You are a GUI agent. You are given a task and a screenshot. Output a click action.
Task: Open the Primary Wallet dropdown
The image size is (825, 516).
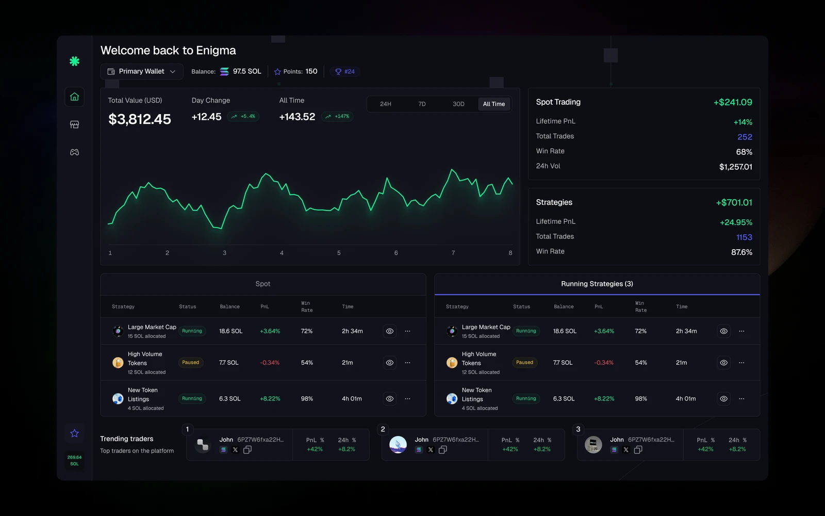click(x=141, y=72)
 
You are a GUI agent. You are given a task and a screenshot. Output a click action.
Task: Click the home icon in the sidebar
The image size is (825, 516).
click(x=74, y=96)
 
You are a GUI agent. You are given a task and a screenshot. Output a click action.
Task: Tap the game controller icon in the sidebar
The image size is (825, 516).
click(x=74, y=152)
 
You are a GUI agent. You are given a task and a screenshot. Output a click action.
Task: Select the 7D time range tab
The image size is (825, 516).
click(x=422, y=104)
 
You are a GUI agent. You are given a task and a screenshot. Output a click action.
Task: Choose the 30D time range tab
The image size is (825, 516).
click(x=458, y=104)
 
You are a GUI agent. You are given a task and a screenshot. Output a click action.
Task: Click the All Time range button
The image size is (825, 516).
click(x=493, y=104)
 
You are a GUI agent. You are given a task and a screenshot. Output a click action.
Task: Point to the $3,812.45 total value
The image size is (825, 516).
click(x=140, y=119)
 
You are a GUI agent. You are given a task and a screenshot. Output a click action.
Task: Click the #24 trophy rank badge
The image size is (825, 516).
click(x=345, y=72)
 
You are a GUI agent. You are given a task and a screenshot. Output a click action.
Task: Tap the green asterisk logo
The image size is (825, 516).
click(x=74, y=61)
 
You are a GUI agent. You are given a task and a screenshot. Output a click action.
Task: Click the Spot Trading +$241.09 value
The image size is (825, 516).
click(x=733, y=102)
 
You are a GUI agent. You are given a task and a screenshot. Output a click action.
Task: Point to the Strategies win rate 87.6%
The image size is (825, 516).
click(x=741, y=252)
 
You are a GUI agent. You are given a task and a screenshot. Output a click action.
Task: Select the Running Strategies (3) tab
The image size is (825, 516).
click(x=597, y=284)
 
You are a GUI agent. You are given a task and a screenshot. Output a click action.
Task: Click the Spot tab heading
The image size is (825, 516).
click(x=263, y=284)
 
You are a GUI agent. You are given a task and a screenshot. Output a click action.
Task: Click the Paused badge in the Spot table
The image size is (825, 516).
click(x=190, y=362)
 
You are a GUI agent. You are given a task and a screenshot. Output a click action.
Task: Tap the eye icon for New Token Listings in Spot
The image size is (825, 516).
click(x=389, y=398)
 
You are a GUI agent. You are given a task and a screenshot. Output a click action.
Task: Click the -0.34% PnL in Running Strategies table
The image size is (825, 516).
click(x=604, y=363)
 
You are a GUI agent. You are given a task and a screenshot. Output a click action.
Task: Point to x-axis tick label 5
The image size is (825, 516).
click(x=339, y=253)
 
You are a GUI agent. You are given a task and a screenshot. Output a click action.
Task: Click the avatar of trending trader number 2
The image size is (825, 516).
click(x=398, y=444)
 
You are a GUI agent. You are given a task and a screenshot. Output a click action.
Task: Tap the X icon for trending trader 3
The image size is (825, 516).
click(x=626, y=449)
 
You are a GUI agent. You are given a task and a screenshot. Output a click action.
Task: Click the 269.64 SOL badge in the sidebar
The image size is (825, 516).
click(x=74, y=460)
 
